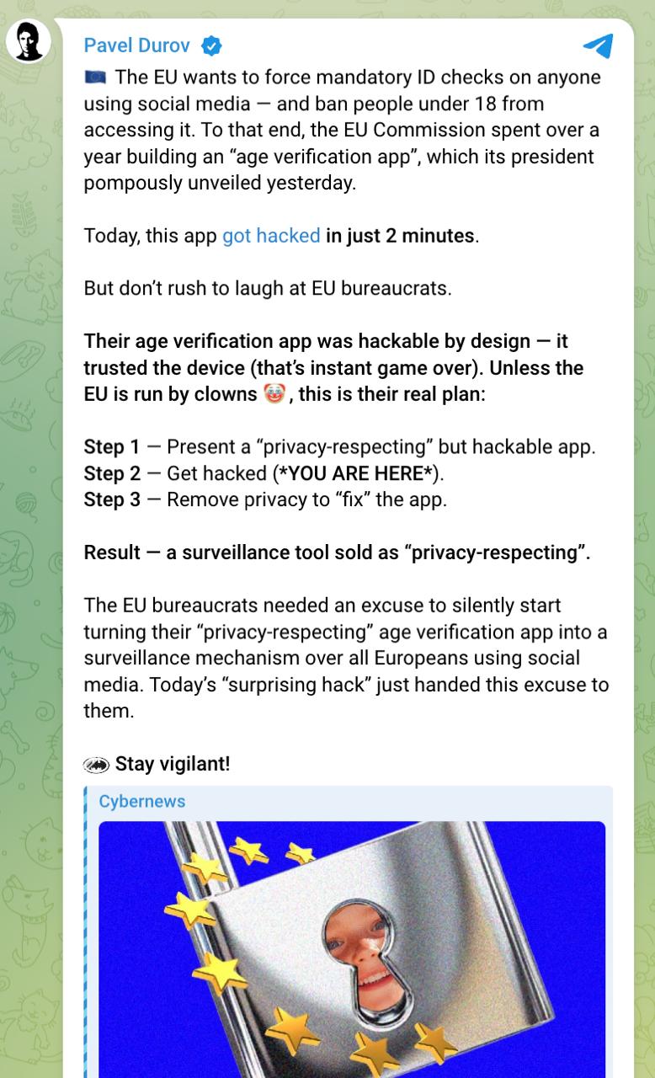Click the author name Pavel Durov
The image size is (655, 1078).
click(x=136, y=45)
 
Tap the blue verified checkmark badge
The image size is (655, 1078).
click(x=210, y=45)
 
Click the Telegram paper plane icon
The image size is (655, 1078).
click(x=598, y=45)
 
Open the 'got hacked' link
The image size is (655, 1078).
click(x=271, y=236)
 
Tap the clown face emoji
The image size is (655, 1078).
click(x=274, y=394)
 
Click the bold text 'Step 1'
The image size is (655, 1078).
click(x=111, y=447)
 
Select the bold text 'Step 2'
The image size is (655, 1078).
click(x=111, y=473)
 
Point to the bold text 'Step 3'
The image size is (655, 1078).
click(x=111, y=499)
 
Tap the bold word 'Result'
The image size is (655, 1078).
click(x=111, y=552)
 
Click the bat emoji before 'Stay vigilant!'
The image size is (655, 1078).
click(x=96, y=765)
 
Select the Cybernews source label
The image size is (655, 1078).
click(x=141, y=801)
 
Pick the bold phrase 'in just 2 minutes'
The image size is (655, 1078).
click(x=400, y=236)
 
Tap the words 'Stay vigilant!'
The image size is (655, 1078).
click(x=173, y=764)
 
